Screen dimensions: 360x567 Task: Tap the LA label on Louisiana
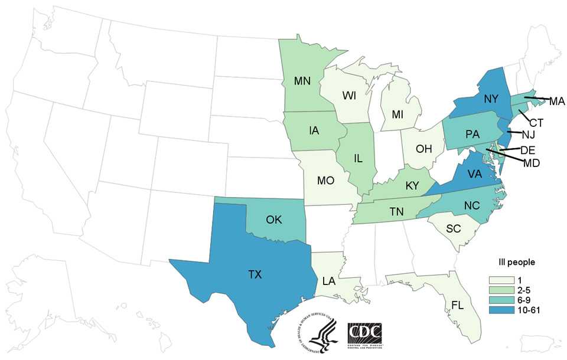tap(329, 282)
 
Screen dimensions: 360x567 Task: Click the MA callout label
tap(557, 101)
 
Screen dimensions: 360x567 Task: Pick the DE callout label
tap(527, 150)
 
